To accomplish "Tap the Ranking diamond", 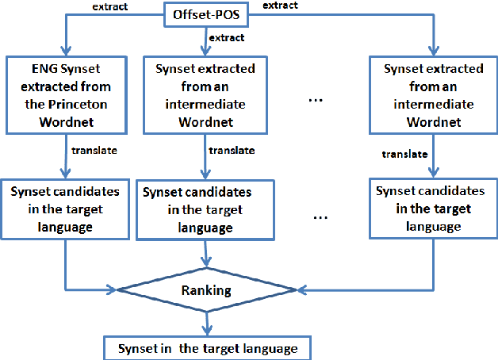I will click(206, 290).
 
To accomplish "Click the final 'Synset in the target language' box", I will click(205, 347).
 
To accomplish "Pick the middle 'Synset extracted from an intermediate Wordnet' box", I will click(205, 94).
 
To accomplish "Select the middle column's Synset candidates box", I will click(205, 209).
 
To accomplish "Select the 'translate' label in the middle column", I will click(232, 150).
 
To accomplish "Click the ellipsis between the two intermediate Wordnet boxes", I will click(313, 101).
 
